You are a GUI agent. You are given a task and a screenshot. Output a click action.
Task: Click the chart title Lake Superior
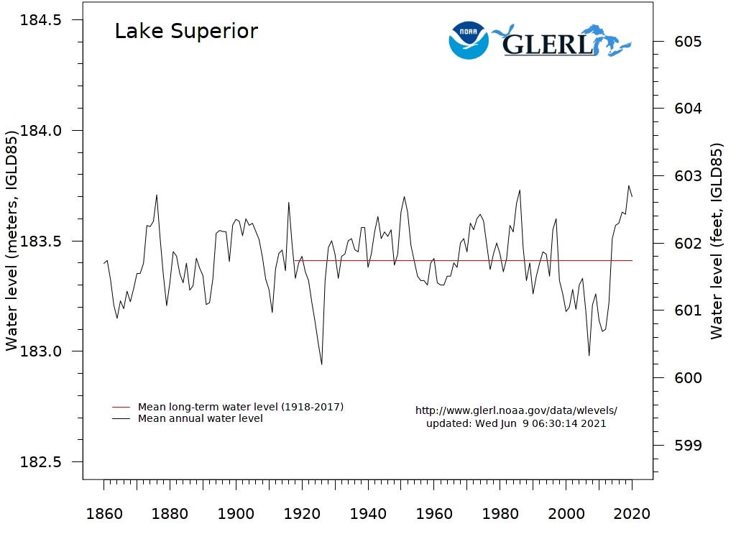(x=186, y=32)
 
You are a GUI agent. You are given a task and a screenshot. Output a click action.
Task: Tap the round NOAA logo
(x=468, y=40)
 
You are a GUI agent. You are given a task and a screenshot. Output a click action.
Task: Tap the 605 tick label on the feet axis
(x=687, y=42)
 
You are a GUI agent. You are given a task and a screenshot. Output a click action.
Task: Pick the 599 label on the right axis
(x=687, y=446)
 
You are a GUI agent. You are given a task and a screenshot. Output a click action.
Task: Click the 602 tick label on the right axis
(x=687, y=244)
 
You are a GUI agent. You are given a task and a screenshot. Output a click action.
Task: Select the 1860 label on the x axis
(x=104, y=515)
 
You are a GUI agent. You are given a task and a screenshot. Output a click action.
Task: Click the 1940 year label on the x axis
(x=368, y=515)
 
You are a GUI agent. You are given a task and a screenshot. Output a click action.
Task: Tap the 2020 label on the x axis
(x=632, y=515)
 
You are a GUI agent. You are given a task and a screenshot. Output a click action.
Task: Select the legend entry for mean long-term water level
(x=240, y=407)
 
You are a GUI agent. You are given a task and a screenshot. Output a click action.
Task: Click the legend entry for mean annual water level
(x=200, y=418)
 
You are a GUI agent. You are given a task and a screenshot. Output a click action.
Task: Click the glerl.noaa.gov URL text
(x=516, y=410)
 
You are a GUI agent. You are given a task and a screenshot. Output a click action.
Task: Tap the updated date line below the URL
(x=516, y=423)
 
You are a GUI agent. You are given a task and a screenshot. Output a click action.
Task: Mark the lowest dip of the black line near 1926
(x=321, y=364)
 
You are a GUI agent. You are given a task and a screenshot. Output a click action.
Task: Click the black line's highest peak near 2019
(x=629, y=186)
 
